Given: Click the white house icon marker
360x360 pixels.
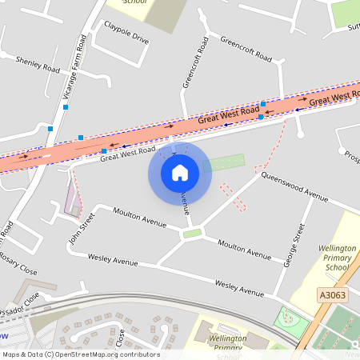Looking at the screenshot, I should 180,172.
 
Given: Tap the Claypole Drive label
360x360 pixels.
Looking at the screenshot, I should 126,37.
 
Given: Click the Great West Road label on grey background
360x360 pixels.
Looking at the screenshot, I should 128,153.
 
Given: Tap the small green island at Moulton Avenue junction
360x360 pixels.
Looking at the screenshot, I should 191,234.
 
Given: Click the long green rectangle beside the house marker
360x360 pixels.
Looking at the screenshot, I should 223,163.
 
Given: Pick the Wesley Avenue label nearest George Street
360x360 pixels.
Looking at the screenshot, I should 239,288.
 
